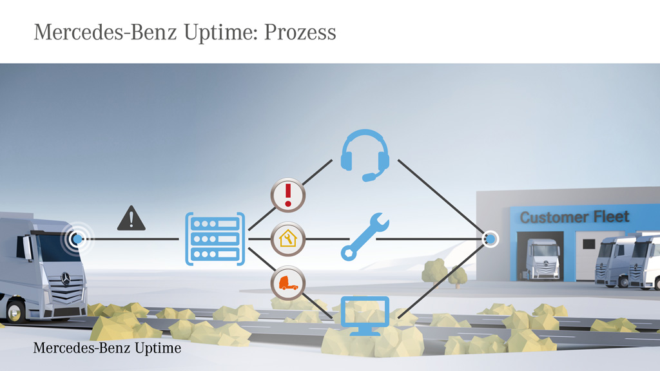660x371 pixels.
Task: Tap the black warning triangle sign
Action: click(131, 219)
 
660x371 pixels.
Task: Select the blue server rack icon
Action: click(215, 238)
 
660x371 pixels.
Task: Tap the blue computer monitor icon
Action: click(365, 314)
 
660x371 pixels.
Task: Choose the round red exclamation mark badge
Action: click(287, 195)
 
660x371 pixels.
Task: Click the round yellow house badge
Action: click(287, 239)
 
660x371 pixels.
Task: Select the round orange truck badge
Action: click(287, 283)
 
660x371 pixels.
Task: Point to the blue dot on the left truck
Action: click(77, 239)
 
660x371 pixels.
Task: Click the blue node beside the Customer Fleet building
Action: click(490, 239)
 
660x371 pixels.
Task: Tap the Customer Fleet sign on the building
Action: click(574, 217)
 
